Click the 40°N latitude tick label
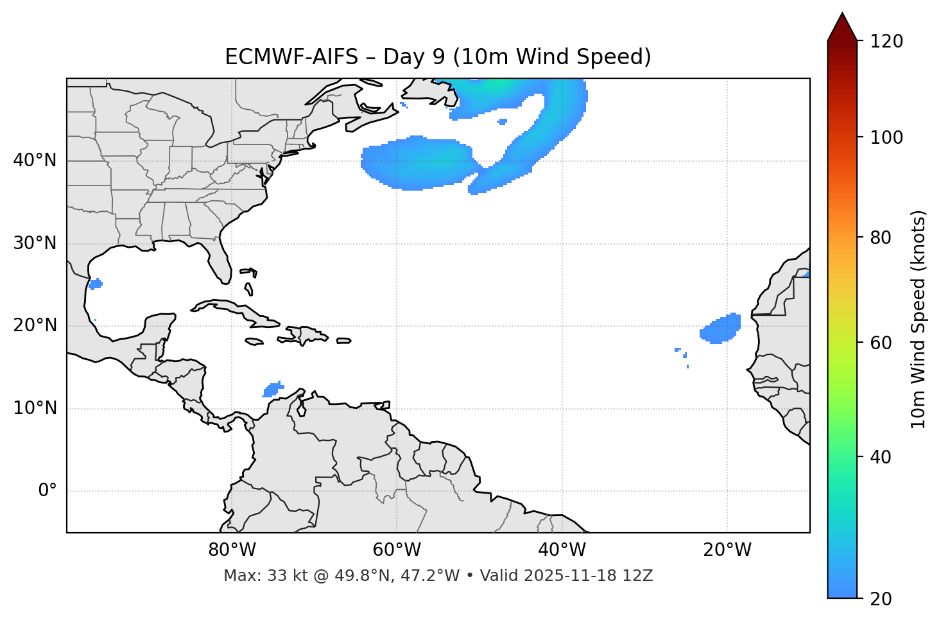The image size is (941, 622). pyautogui.click(x=35, y=160)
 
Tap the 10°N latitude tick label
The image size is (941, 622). pyautogui.click(x=35, y=408)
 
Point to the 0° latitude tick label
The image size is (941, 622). pyautogui.click(x=47, y=491)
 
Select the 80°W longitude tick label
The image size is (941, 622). pyautogui.click(x=232, y=550)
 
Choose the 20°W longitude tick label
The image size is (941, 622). pyautogui.click(x=727, y=550)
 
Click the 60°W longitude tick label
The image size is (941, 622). pyautogui.click(x=397, y=550)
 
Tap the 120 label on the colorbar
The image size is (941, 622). pyautogui.click(x=888, y=41)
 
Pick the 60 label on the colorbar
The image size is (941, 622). pyautogui.click(x=883, y=343)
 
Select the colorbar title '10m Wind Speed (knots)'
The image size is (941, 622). pyautogui.click(x=919, y=320)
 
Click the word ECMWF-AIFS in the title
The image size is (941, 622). pyautogui.click(x=291, y=57)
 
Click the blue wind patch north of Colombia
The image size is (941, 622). pyautogui.click(x=273, y=389)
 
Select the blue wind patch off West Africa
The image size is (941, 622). pyautogui.click(x=721, y=329)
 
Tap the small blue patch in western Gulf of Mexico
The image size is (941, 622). pyautogui.click(x=96, y=284)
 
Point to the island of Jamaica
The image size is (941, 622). pyautogui.click(x=254, y=341)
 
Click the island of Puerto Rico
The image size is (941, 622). pyautogui.click(x=343, y=341)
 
